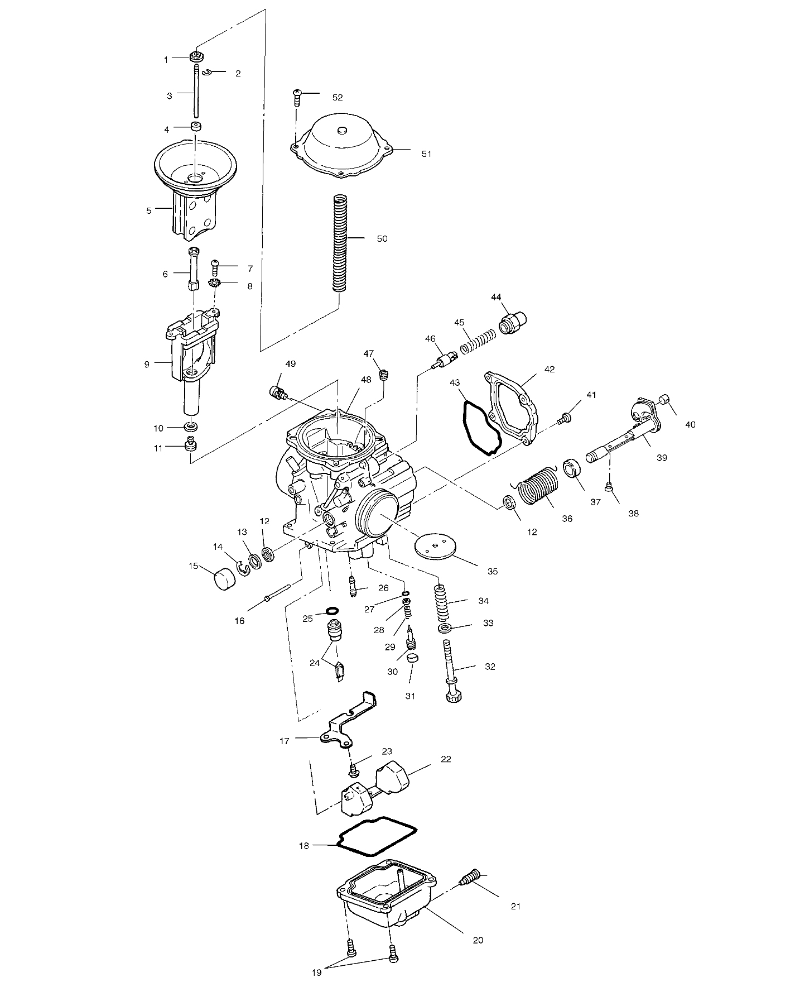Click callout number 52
(337, 97)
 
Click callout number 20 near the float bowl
(478, 940)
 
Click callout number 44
(496, 296)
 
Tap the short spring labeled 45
(479, 341)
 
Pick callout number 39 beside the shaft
(661, 458)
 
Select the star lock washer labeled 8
(214, 284)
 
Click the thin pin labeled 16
(278, 592)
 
